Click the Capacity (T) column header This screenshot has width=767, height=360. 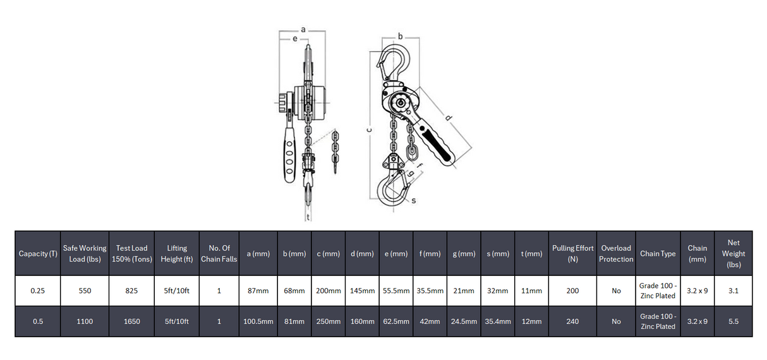tap(39, 253)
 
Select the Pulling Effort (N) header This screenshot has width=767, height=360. tap(572, 253)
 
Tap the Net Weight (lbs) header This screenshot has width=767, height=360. tap(733, 253)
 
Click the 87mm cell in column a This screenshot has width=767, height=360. tap(258, 291)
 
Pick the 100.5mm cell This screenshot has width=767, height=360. tap(258, 321)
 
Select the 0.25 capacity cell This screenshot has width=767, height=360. tap(38, 291)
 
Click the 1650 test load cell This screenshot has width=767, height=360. tap(132, 321)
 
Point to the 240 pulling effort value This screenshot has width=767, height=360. tap(572, 321)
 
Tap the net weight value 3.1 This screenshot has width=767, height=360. tap(733, 291)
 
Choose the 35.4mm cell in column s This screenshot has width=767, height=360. tap(497, 321)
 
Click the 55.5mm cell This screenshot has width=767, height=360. tap(396, 291)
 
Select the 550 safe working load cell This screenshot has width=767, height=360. tap(85, 291)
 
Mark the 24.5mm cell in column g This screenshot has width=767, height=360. tap(464, 321)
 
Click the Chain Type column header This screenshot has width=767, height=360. tap(658, 253)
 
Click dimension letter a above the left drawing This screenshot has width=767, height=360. tap(303, 29)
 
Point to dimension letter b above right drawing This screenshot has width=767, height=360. tap(400, 36)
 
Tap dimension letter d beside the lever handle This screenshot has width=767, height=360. tap(449, 117)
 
